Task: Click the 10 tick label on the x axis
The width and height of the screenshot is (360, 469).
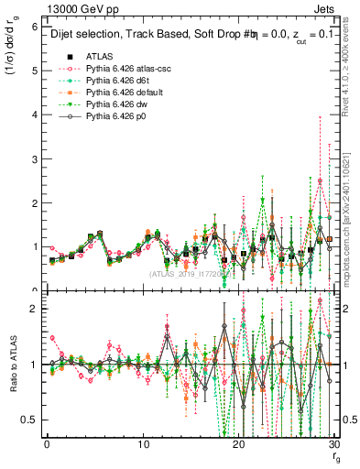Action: point(143,445)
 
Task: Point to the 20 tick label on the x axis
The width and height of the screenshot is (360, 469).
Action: point(239,445)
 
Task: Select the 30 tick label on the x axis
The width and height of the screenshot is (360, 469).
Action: point(334,445)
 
